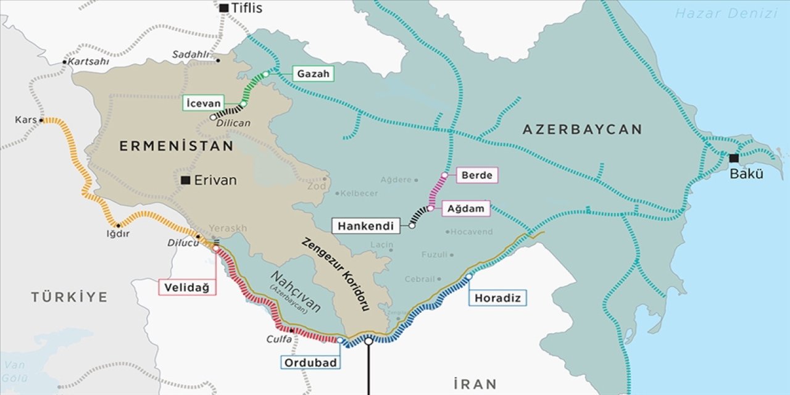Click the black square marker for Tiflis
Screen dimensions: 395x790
click(x=224, y=8)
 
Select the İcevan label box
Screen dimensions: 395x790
click(x=202, y=103)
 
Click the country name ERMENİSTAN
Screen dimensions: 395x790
click(x=177, y=146)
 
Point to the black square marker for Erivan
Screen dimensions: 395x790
click(x=186, y=180)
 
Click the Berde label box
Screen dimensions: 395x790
click(x=476, y=175)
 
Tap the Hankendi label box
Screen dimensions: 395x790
click(x=365, y=226)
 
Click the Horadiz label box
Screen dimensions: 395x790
click(x=497, y=298)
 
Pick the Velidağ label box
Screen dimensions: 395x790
click(x=188, y=287)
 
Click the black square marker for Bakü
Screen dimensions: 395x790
click(x=734, y=158)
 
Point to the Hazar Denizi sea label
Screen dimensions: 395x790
click(x=726, y=13)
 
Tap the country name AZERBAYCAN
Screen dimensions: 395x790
click(x=582, y=130)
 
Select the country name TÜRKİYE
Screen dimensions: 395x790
click(x=69, y=297)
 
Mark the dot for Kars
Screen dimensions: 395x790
click(x=41, y=120)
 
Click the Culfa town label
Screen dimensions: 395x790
click(x=278, y=339)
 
